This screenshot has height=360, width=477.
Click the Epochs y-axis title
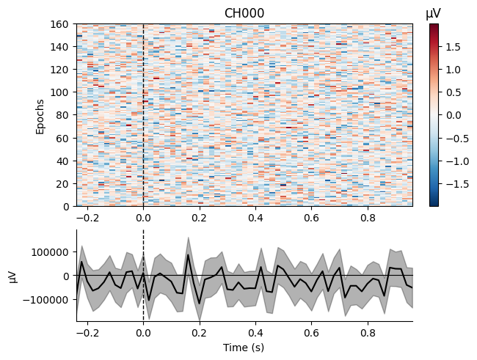pyautogui.click(x=41, y=116)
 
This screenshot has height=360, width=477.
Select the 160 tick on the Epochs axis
pyautogui.click(x=60, y=24)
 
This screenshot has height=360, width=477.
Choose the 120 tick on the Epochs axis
pyautogui.click(x=60, y=70)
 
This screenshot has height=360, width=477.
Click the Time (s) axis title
pyautogui.click(x=244, y=348)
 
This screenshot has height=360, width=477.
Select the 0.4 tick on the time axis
pyautogui.click(x=255, y=333)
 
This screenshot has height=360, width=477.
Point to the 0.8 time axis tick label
pyautogui.click(x=367, y=333)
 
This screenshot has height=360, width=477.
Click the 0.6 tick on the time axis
pyautogui.click(x=311, y=333)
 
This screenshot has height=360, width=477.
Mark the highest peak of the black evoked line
pyautogui.click(x=188, y=254)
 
